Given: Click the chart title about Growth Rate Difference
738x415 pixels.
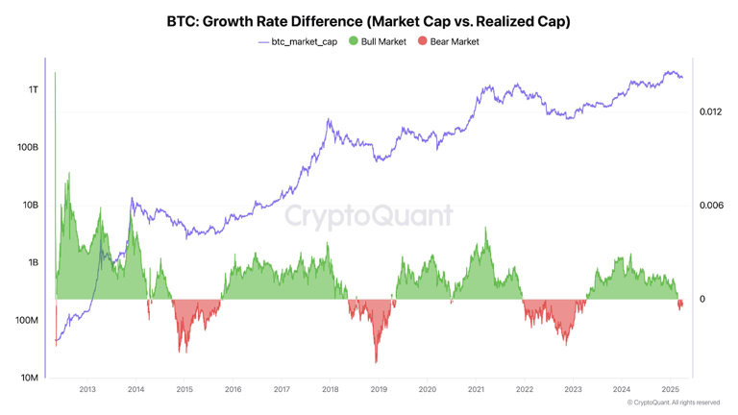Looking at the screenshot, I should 368,21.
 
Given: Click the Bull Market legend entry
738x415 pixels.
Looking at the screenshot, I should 377,41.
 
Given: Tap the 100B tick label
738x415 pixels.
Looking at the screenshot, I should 28,147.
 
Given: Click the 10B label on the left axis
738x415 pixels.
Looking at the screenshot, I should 30,205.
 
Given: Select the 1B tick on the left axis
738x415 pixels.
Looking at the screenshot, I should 32,262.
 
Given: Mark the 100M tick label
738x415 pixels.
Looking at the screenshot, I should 27,320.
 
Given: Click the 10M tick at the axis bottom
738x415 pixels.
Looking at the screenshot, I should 29,378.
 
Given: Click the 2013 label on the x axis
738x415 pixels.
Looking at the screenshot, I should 87,389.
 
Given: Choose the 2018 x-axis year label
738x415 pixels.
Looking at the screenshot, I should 331,389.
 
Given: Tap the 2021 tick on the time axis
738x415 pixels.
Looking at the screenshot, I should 476,389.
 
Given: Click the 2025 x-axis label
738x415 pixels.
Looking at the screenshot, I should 671,389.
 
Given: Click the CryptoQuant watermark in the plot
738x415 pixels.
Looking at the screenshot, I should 368,214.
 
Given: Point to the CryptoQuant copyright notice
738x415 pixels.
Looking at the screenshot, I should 673,403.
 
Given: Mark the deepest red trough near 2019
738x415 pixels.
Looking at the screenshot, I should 376,361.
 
